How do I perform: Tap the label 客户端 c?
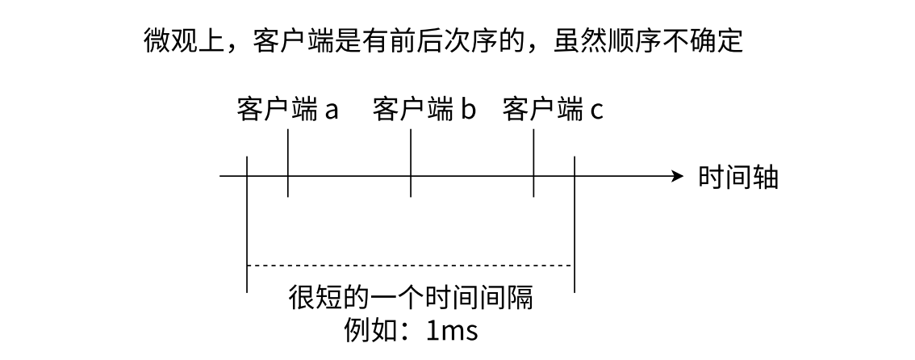coord(552,109)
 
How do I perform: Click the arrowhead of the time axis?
coord(678,176)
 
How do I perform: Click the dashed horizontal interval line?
coord(410,265)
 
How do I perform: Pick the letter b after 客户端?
coord(469,109)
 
